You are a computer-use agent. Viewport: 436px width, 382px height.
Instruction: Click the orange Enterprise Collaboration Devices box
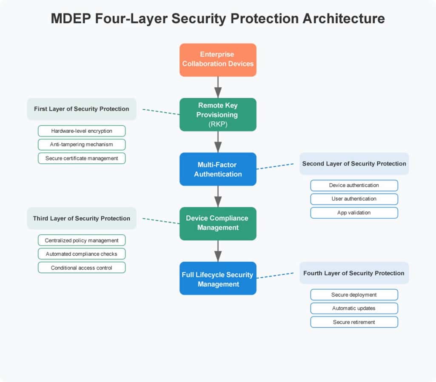coord(218,60)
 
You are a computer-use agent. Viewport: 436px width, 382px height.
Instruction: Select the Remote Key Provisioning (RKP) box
coord(218,114)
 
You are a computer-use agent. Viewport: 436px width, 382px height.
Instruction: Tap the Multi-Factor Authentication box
coord(218,169)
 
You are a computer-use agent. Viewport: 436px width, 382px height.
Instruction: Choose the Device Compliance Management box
coord(218,223)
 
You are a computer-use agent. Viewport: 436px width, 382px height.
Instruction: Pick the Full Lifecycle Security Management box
coord(218,278)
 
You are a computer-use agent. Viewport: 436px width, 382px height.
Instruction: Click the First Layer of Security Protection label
coord(82,109)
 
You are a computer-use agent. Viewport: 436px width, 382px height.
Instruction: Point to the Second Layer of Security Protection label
coord(354,163)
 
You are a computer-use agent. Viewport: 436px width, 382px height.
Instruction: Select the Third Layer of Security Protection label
coord(82,218)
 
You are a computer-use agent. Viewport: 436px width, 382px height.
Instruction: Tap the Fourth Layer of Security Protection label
coord(354,273)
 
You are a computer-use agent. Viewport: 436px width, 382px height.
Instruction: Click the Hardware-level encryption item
coord(82,131)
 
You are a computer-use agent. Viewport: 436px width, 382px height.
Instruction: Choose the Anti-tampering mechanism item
coord(82,145)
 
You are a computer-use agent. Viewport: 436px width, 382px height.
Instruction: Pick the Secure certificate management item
coord(82,158)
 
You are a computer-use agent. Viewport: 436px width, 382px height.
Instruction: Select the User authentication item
coord(354,199)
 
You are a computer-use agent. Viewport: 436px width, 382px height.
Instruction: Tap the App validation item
coord(354,213)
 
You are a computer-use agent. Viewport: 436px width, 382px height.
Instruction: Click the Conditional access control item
coord(82,268)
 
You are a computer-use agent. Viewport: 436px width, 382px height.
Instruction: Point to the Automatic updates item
coord(354,308)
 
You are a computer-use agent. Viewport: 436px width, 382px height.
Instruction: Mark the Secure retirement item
coord(354,322)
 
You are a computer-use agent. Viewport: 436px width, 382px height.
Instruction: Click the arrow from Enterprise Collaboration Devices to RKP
coord(218,87)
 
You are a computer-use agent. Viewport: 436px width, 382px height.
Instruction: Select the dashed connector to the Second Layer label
coord(275,166)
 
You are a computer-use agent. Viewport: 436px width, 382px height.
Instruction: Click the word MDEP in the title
coord(71,19)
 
